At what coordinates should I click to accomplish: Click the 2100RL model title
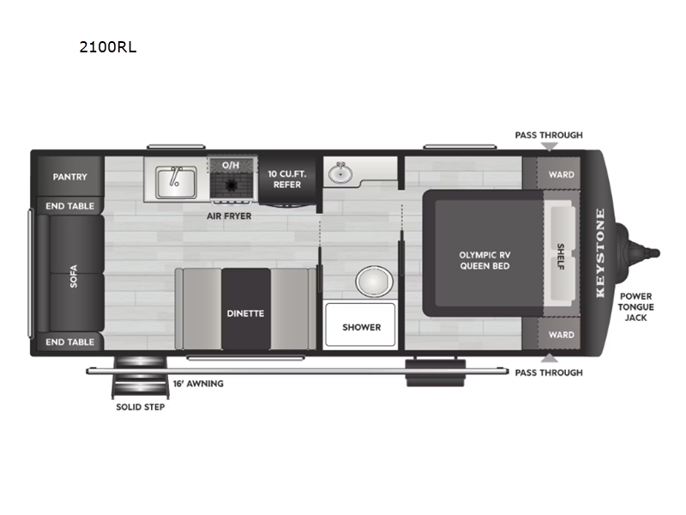pyautogui.click(x=107, y=47)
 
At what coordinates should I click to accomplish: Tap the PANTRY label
pyautogui.click(x=69, y=177)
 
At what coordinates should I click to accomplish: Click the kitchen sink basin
pyautogui.click(x=177, y=181)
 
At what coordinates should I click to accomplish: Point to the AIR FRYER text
pyautogui.click(x=228, y=216)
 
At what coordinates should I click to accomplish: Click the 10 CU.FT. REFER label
pyautogui.click(x=286, y=178)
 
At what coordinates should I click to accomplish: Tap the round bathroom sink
pyautogui.click(x=342, y=173)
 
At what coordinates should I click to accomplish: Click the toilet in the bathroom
pyautogui.click(x=373, y=281)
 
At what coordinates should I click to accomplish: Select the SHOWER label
pyautogui.click(x=361, y=327)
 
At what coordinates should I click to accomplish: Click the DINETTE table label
pyautogui.click(x=246, y=313)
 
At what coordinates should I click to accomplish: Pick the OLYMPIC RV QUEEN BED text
pyautogui.click(x=484, y=260)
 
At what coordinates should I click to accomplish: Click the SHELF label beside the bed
pyautogui.click(x=560, y=255)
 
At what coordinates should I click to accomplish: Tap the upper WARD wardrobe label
pyautogui.click(x=562, y=175)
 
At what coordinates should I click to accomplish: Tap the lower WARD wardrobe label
pyautogui.click(x=562, y=335)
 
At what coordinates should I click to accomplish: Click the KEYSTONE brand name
pyautogui.click(x=600, y=253)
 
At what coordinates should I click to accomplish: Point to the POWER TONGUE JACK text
pyautogui.click(x=636, y=306)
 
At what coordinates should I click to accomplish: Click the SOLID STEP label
pyautogui.click(x=141, y=407)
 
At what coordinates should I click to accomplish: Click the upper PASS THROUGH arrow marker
pyautogui.click(x=548, y=148)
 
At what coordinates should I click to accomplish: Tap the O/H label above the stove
pyautogui.click(x=231, y=164)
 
